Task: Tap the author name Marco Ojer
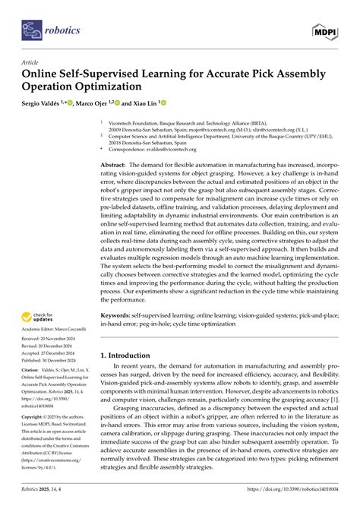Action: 96,102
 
